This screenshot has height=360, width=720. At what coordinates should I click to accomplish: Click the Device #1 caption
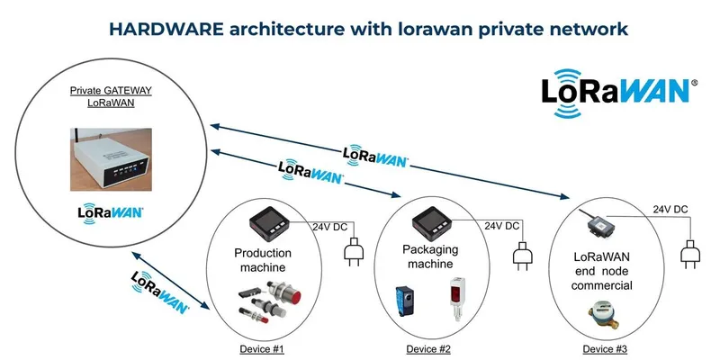pyautogui.click(x=262, y=348)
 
